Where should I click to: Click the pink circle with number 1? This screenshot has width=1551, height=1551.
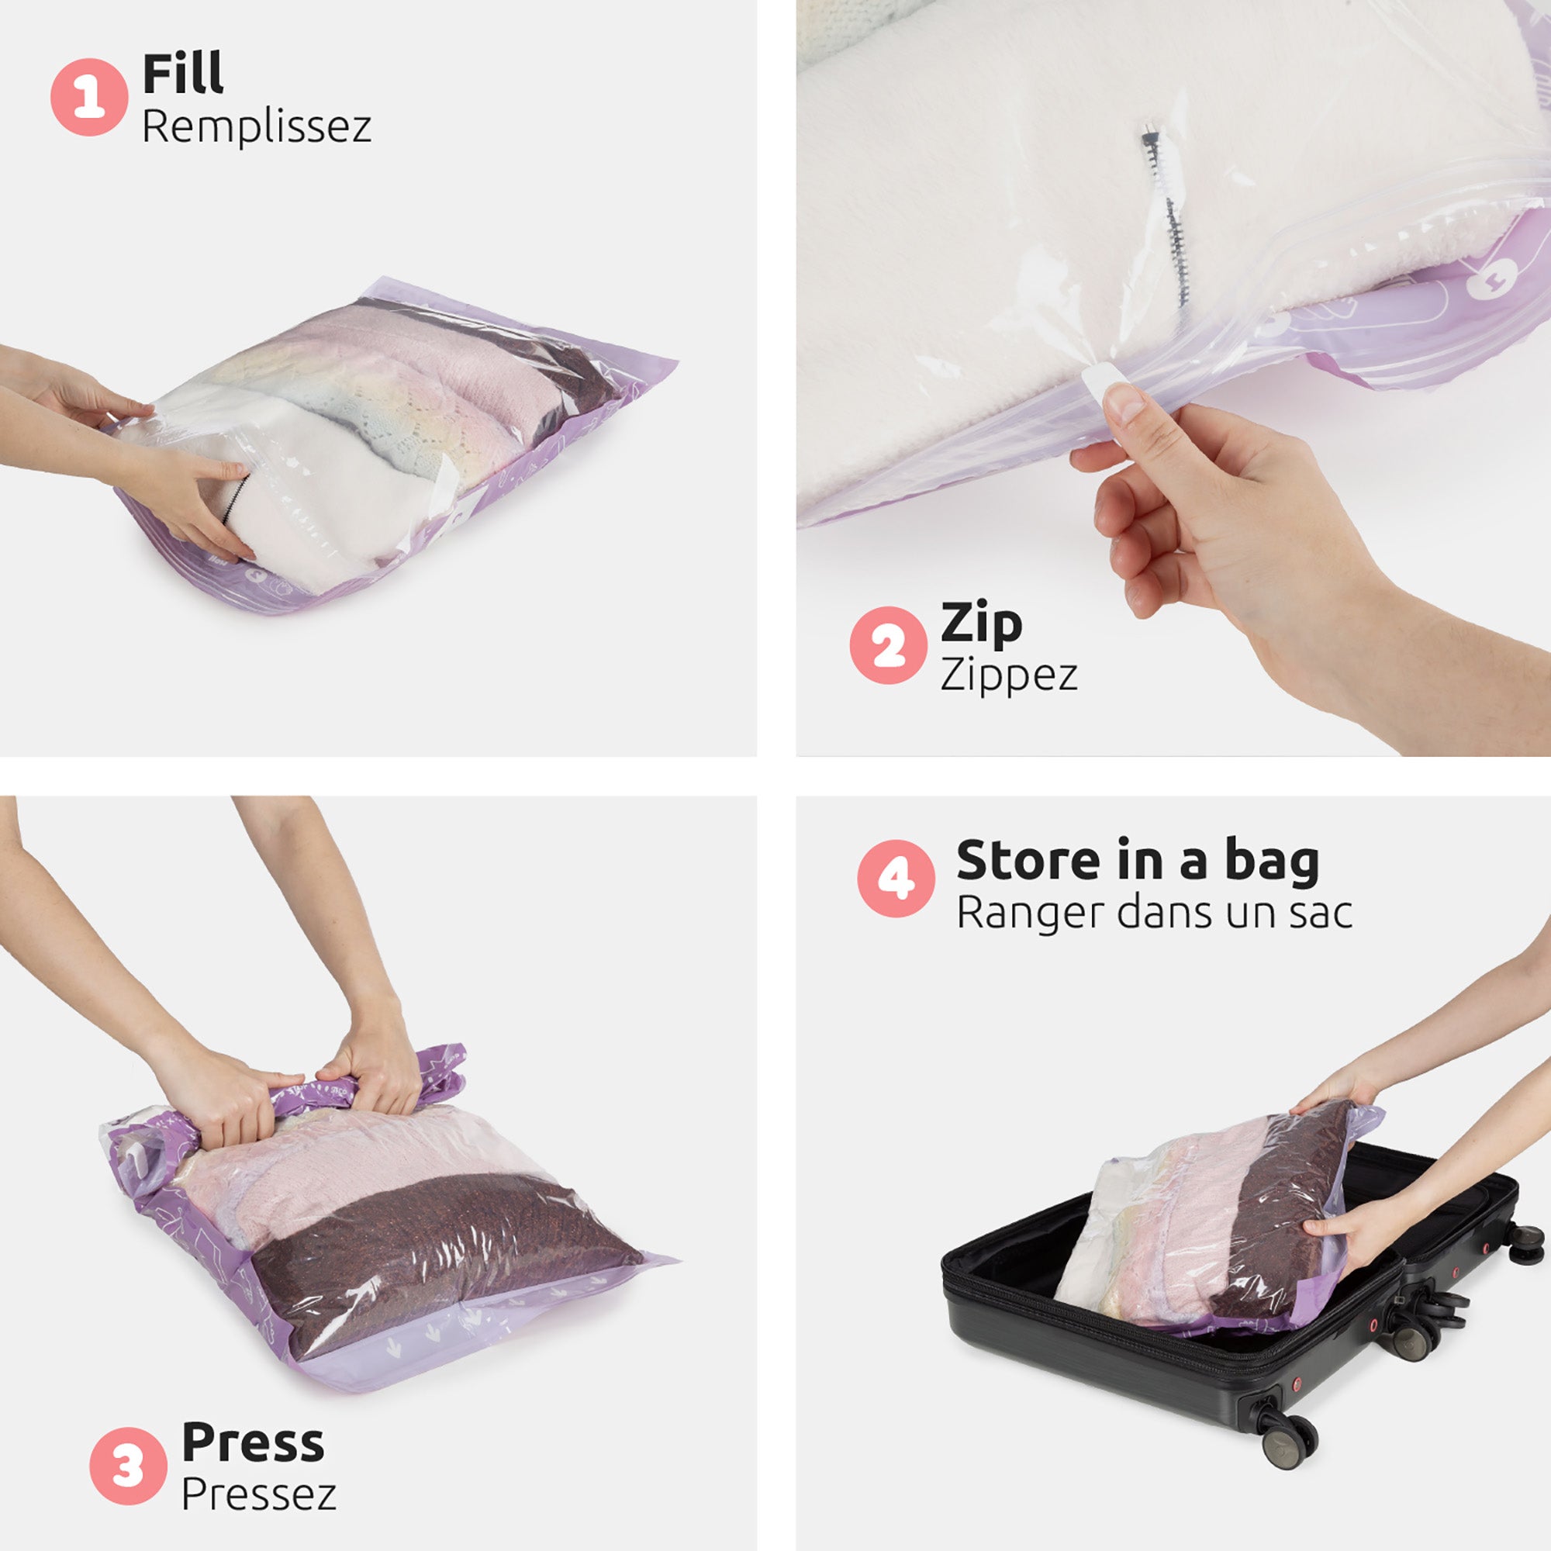click(x=89, y=96)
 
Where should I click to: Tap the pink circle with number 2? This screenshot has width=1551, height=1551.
click(x=888, y=645)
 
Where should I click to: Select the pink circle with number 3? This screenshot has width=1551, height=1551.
click(x=128, y=1466)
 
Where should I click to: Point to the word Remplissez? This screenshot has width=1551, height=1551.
click(x=256, y=127)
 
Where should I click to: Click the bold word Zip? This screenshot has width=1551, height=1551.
click(x=981, y=623)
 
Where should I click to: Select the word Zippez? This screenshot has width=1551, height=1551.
click(x=1008, y=675)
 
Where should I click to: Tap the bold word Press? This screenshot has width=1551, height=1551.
click(x=253, y=1442)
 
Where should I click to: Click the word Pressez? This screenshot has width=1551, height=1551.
click(x=258, y=1494)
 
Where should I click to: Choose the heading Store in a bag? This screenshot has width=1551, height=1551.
click(x=1138, y=861)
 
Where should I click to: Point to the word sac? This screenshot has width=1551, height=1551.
click(x=1321, y=913)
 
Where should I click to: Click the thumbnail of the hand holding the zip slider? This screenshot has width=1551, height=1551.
click(x=1220, y=514)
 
